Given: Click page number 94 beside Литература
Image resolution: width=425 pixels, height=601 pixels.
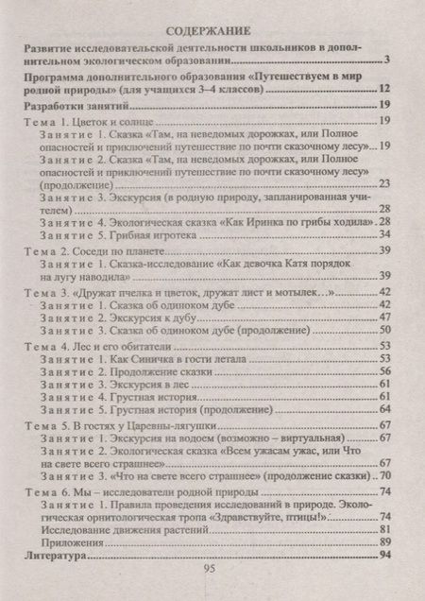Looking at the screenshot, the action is click(x=384, y=558).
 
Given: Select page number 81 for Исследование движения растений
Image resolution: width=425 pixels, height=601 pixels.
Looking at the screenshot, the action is click(x=384, y=529).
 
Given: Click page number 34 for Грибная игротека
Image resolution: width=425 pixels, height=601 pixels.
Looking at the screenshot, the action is click(x=384, y=233).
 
